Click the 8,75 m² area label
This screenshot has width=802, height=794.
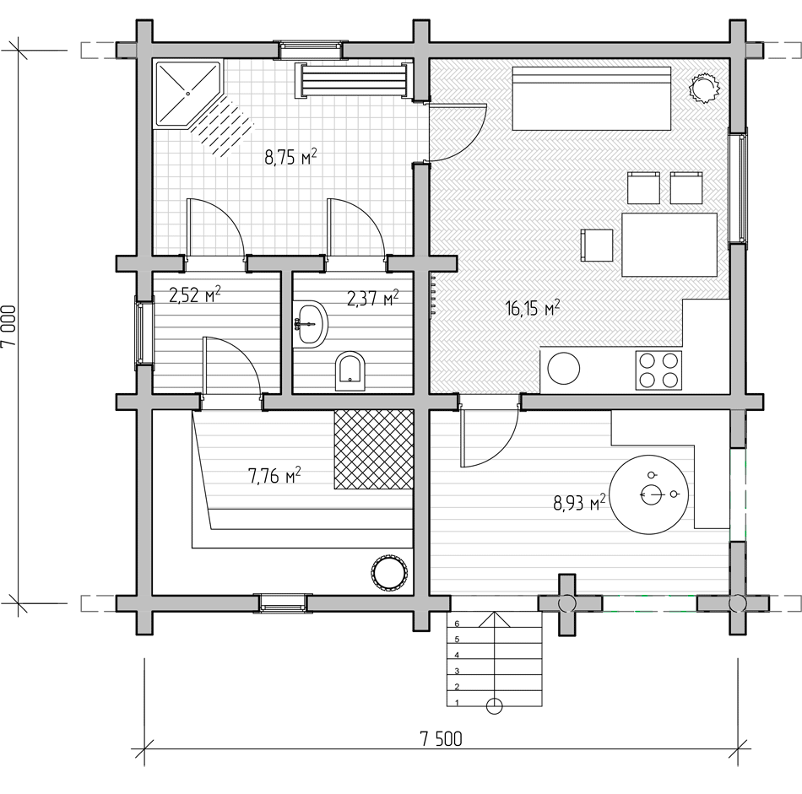[x=290, y=156]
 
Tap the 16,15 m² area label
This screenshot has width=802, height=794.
[x=533, y=308]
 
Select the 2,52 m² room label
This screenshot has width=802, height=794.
[x=195, y=294]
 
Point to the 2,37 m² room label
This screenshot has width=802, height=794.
[x=373, y=298]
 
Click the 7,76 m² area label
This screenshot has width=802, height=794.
[x=274, y=476]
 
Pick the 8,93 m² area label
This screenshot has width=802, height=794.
[x=579, y=503]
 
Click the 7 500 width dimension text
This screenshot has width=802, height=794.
[x=441, y=739]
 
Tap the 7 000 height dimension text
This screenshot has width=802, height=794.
[x=9, y=326]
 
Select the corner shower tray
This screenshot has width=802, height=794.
[x=188, y=94]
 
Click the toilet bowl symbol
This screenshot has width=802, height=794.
[x=350, y=370]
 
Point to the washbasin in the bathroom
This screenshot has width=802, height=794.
[x=310, y=324]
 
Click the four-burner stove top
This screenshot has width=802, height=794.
[x=658, y=370]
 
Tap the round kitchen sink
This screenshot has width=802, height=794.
[x=564, y=369]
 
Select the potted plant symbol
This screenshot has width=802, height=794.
[x=704, y=89]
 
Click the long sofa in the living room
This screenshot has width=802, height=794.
[x=592, y=98]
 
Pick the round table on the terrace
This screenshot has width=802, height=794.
[x=649, y=494]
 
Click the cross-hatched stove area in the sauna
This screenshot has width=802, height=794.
[x=373, y=449]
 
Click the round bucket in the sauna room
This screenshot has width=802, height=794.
[x=389, y=572]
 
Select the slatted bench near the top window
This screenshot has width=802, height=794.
[x=353, y=80]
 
